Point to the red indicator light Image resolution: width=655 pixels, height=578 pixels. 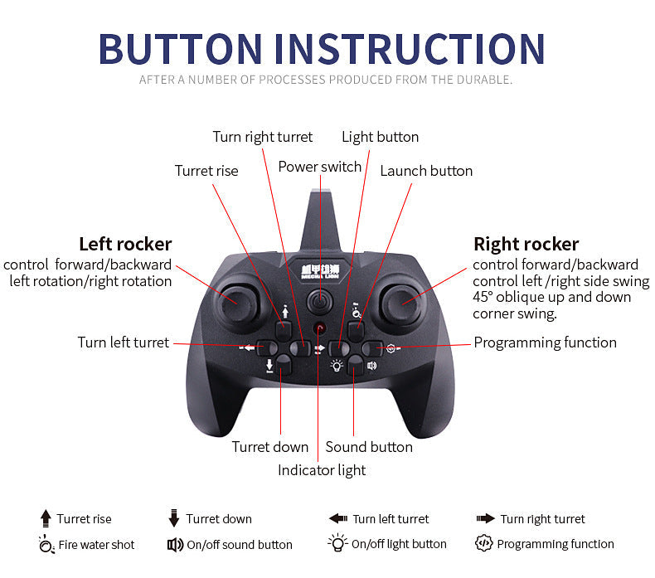[319, 328]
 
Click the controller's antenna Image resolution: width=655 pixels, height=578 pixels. [320, 221]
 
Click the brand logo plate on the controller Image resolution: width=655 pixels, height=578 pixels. [320, 271]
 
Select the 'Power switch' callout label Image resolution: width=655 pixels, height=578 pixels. [319, 167]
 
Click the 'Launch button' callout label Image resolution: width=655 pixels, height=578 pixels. [426, 171]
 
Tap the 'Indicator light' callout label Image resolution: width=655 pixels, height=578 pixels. [322, 470]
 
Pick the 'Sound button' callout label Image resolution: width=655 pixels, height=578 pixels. [369, 447]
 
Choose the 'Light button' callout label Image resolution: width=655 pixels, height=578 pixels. [380, 137]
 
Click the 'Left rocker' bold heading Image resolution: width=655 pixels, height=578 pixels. [125, 244]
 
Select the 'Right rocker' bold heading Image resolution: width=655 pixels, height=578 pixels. [526, 244]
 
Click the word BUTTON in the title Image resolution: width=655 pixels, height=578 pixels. [180, 49]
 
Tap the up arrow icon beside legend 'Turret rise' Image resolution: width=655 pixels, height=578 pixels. [46, 518]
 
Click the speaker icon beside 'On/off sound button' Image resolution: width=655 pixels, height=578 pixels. [175, 545]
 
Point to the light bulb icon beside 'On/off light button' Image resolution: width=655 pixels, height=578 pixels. [338, 542]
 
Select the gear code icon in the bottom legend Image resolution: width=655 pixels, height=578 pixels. [483, 543]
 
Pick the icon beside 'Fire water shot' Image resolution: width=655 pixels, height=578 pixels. [46, 544]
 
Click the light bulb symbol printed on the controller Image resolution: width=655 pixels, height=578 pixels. [337, 366]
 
